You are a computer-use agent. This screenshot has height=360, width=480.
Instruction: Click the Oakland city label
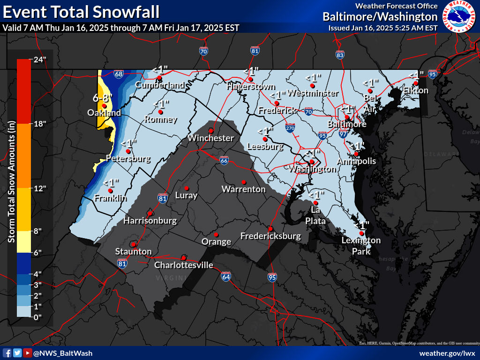click(x=104, y=113)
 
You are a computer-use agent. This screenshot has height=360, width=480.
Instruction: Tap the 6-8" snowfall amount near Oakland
click(x=102, y=98)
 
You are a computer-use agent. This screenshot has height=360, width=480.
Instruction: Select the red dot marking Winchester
click(x=211, y=130)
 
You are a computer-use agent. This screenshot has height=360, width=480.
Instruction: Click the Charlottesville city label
click(x=184, y=265)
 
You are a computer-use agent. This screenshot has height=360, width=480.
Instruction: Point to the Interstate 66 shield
click(x=224, y=161)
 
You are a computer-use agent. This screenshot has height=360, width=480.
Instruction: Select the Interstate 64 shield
click(x=226, y=277)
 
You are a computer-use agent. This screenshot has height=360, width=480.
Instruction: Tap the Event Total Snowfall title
click(x=81, y=11)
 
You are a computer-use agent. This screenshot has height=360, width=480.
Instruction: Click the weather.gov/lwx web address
click(x=447, y=353)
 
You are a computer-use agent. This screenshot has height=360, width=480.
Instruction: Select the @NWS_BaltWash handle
click(x=63, y=353)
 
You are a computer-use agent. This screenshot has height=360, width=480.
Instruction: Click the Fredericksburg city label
click(x=270, y=236)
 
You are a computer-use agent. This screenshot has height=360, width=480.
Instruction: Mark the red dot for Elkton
click(x=416, y=83)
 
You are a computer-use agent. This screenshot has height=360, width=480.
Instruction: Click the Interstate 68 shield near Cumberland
click(x=119, y=74)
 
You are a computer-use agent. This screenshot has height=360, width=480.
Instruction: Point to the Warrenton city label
click(x=243, y=189)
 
